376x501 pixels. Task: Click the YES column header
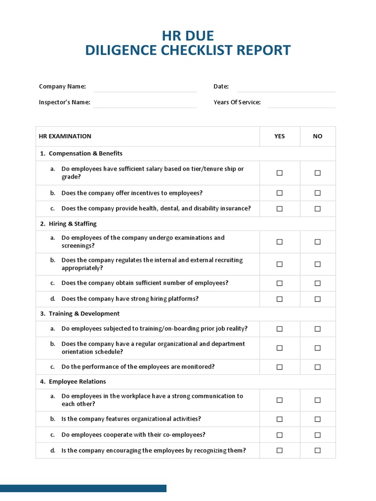(x=280, y=137)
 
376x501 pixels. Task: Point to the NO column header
(x=318, y=137)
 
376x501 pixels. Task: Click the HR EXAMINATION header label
(x=65, y=137)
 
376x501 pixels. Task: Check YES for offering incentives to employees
(x=280, y=193)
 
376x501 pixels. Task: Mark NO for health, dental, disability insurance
(x=318, y=208)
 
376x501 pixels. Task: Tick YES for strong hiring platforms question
(x=280, y=299)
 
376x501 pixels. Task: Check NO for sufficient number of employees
(x=318, y=283)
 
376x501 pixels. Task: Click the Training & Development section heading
(x=84, y=314)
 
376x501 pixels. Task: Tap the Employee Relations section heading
(x=77, y=382)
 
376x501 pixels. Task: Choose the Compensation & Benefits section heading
(x=85, y=154)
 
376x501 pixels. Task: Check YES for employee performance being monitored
(x=280, y=367)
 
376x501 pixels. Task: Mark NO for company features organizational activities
(x=318, y=419)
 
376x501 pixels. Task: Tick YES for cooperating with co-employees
(x=280, y=435)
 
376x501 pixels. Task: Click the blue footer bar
(x=83, y=488)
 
